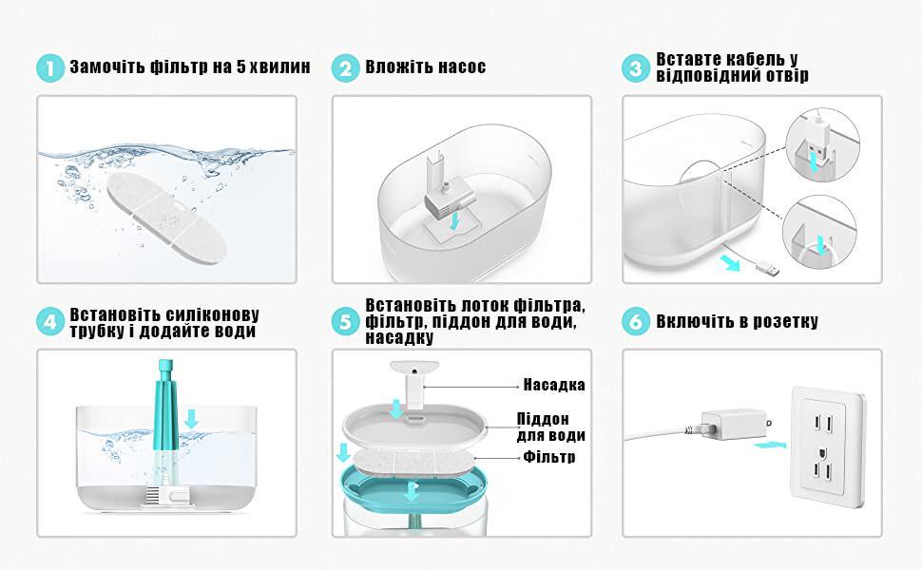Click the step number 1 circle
coord(50,68)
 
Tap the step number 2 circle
coord(345,68)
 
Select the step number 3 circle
coord(636,68)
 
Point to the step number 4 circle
coord(50,322)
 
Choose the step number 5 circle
coord(345,322)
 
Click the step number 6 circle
coord(636,322)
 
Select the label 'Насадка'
coord(554,385)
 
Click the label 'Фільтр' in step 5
coord(549,457)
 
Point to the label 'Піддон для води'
coord(551,427)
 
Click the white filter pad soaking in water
coord(166,217)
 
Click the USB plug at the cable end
coord(769,271)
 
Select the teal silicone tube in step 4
coord(165,410)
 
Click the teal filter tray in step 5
coord(414,486)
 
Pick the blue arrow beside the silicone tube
coord(191,419)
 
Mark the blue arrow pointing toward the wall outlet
coord(769,445)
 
